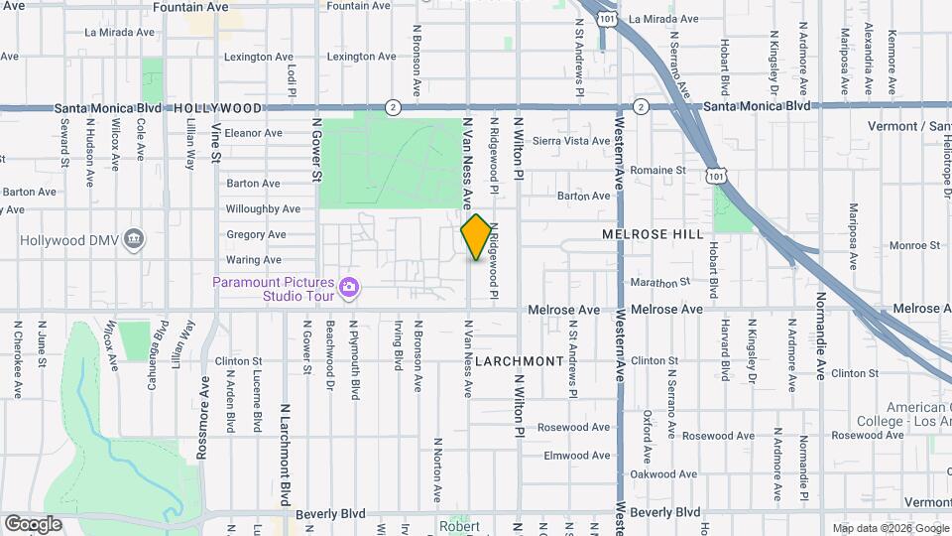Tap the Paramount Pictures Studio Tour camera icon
pos(348,288)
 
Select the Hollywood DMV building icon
pos(135,239)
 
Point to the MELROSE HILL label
pos(653,234)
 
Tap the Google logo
pos(33,524)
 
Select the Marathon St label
pos(658,283)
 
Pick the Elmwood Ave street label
pos(576,456)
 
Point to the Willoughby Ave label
pos(263,209)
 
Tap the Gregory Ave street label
pos(255,235)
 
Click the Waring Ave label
pos(253,260)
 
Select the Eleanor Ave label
pos(254,133)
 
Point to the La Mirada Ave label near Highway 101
pos(663,18)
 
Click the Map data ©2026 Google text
pos(890,528)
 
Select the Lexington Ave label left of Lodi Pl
pos(259,57)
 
